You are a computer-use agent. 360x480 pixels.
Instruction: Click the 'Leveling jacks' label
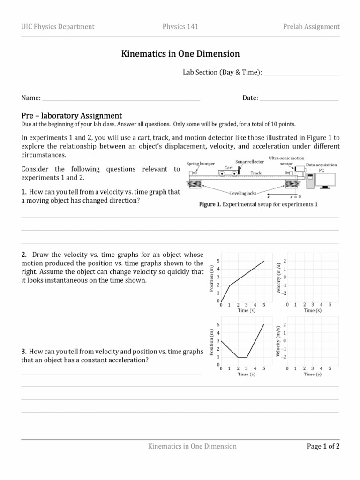point(243,193)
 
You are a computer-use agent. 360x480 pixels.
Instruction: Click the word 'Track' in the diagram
point(256,172)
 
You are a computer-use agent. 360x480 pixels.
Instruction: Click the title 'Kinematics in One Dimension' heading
point(180,54)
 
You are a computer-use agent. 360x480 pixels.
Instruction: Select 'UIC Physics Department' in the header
point(58,26)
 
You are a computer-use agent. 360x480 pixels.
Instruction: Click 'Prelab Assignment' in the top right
point(311,26)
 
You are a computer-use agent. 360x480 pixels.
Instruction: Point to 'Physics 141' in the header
point(180,26)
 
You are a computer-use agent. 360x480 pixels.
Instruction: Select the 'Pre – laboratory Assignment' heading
point(72,115)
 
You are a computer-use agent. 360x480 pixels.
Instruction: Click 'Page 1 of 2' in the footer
point(323,446)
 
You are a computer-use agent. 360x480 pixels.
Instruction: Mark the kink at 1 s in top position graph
point(229,285)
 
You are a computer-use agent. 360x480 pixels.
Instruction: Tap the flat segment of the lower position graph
point(242,357)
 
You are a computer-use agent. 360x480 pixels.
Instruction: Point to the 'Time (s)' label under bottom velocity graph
point(312,374)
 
